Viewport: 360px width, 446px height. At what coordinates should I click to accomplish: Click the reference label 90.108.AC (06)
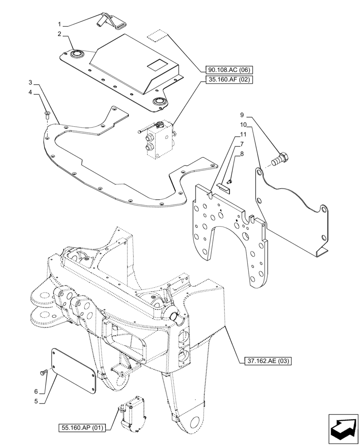pyautogui.click(x=229, y=70)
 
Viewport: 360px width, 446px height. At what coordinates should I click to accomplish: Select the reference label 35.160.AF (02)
pyautogui.click(x=229, y=80)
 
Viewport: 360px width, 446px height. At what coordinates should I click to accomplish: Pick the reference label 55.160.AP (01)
pyautogui.click(x=81, y=429)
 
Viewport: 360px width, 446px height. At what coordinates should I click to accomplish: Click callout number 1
pyautogui.click(x=59, y=23)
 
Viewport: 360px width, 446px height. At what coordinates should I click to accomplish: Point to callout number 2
pyautogui.click(x=59, y=33)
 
